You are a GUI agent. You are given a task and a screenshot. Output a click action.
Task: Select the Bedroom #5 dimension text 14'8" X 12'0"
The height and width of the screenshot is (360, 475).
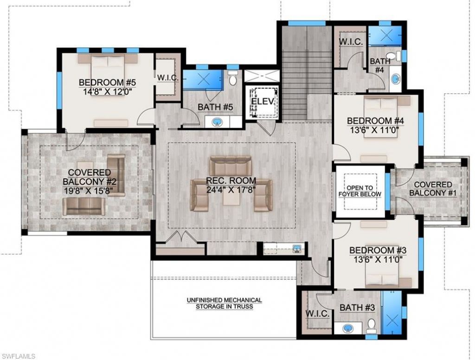click(107, 91)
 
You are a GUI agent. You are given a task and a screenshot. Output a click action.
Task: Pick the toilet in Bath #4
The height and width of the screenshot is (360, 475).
click(392, 57)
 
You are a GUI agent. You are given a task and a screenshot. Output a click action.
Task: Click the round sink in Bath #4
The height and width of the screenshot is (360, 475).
click(394, 80)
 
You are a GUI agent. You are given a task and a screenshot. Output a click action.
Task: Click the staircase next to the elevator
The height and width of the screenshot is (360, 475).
click(295, 74)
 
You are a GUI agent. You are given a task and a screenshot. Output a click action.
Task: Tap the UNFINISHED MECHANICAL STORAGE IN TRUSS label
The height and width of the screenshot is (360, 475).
click(225, 303)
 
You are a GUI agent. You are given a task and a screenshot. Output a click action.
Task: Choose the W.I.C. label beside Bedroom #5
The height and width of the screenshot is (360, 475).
click(167, 77)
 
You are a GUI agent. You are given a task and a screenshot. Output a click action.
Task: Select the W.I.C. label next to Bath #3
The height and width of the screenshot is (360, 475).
click(317, 314)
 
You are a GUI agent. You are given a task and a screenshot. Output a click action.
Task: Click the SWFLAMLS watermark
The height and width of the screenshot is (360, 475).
click(18, 355)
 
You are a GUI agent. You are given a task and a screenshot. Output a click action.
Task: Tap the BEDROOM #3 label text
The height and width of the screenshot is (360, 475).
click(378, 250)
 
